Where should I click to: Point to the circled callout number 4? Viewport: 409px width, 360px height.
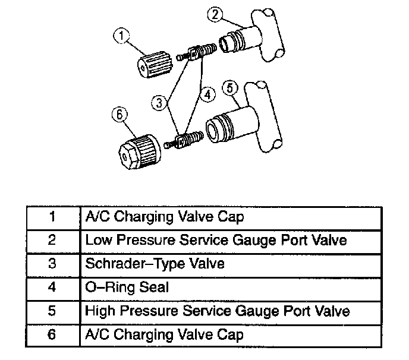pyautogui.click(x=206, y=94)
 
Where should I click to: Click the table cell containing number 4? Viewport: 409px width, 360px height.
pyautogui.click(x=52, y=288)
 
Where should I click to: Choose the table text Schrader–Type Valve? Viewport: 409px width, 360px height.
pyautogui.click(x=155, y=264)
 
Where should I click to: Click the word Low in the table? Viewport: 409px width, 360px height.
pyautogui.click(x=97, y=241)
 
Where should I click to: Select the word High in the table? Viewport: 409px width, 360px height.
pyautogui.click(x=99, y=311)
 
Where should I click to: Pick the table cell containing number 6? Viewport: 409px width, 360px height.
pyautogui.click(x=52, y=334)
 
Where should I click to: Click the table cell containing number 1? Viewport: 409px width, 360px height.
pyautogui.click(x=52, y=217)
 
